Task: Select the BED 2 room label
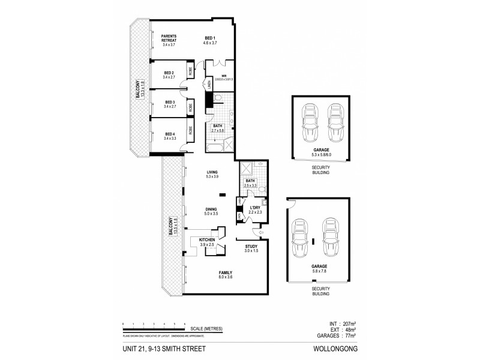(x=169, y=73)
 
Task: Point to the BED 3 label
(x=169, y=102)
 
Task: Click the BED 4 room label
(x=170, y=134)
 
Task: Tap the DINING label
(x=211, y=208)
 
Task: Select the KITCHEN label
(x=207, y=239)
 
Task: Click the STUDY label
(x=251, y=247)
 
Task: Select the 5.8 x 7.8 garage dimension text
(x=319, y=271)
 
